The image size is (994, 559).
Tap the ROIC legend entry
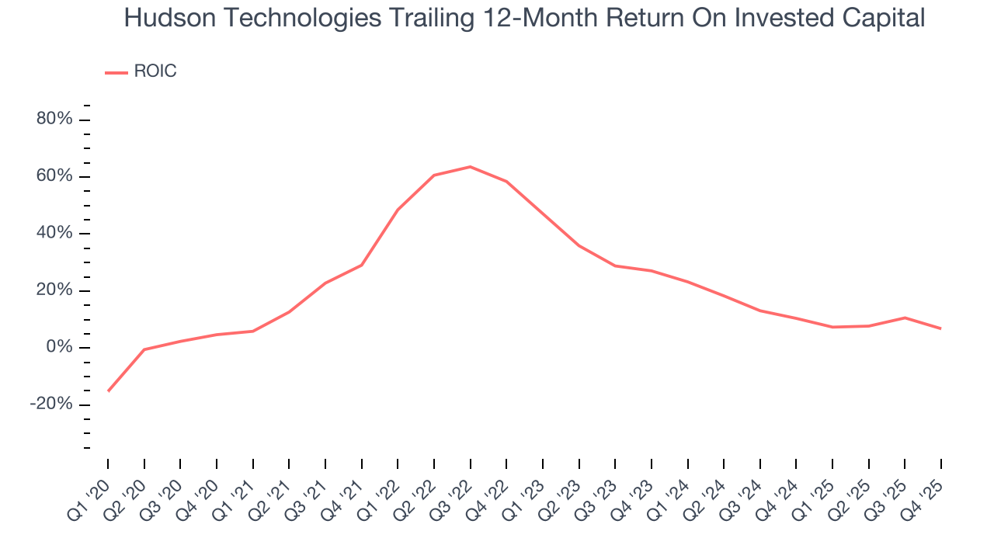(155, 71)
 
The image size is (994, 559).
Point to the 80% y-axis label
(54, 120)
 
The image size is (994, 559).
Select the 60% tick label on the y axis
(54, 176)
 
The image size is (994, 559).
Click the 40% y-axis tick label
(54, 234)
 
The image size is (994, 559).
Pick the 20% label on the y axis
(54, 290)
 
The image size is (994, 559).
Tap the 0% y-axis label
(59, 348)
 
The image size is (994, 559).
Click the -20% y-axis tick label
(52, 404)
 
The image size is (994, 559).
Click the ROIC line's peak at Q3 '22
(470, 166)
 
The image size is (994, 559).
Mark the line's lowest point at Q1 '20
(108, 391)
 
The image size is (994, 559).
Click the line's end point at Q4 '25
(940, 328)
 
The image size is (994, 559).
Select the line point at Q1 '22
(398, 210)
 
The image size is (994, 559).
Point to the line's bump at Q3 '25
(905, 318)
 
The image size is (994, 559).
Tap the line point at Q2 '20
(144, 349)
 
